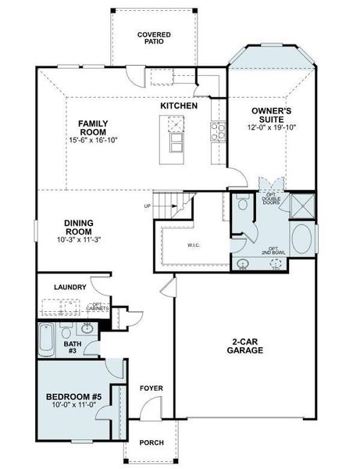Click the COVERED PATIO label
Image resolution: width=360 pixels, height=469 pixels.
pos(154,39)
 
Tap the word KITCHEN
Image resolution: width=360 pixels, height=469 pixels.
pos(179,106)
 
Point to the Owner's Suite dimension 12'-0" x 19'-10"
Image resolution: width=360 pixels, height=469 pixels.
pos(273,127)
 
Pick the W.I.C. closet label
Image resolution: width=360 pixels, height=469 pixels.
pos(194,245)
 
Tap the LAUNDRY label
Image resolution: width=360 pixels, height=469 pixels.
pos(70,287)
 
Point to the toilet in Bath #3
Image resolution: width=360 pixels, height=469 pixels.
pos(66,328)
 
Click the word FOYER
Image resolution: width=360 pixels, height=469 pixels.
pos(151,388)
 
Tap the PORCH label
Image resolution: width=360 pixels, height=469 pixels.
pos(151,443)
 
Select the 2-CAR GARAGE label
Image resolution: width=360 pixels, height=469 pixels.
pos(246,346)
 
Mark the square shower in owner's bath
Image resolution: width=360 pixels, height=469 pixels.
pos(301,206)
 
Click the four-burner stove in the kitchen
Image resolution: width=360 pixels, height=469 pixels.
pos(216,131)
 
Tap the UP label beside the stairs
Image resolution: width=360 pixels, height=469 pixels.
pos(148,206)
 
